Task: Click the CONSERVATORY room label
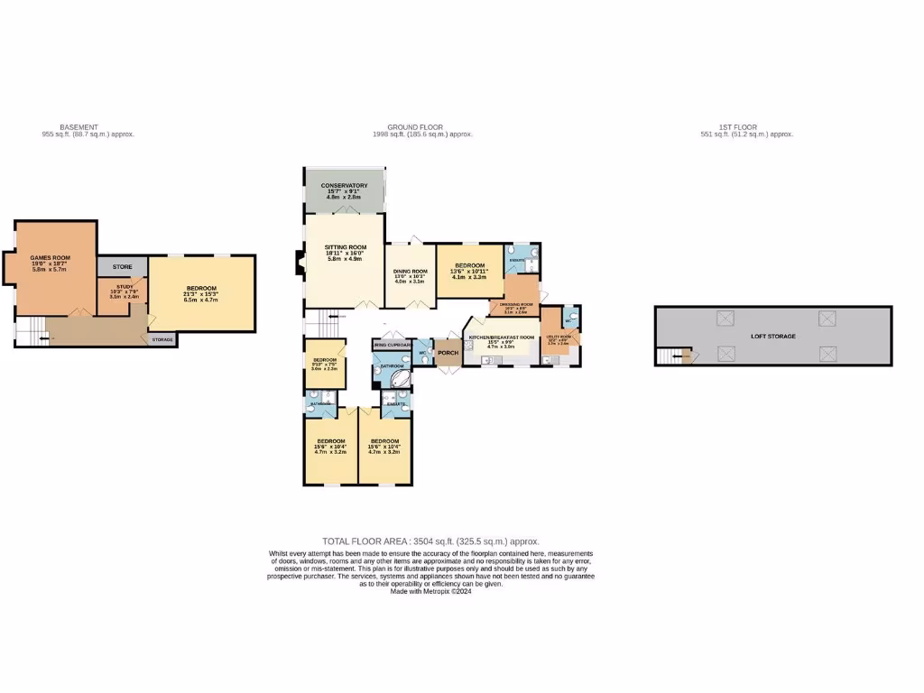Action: tap(344, 185)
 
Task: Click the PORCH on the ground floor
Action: tap(448, 353)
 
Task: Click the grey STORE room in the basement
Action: tap(122, 267)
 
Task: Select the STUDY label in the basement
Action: tap(124, 286)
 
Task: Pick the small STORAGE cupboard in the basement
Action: tap(162, 340)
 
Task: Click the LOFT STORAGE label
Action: tap(773, 336)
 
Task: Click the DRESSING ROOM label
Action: tap(514, 305)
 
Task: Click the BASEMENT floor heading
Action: tap(79, 127)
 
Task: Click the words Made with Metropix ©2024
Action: tap(430, 591)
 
